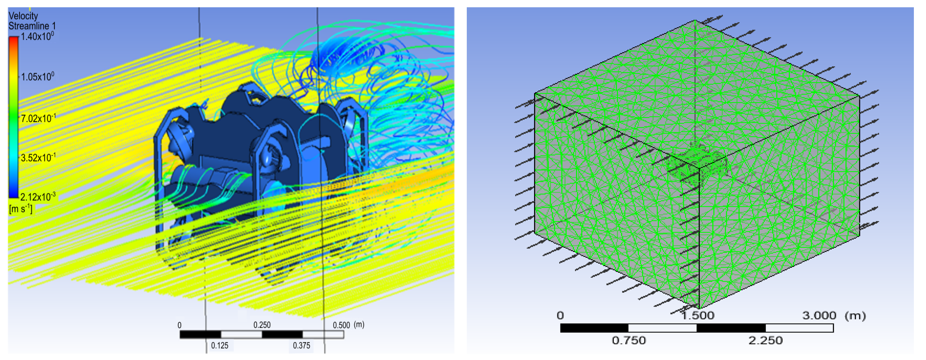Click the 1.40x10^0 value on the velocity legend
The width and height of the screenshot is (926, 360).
[37, 36]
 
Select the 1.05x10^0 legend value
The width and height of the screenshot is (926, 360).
[37, 77]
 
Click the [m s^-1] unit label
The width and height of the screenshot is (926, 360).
[21, 209]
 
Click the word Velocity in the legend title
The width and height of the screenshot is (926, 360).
[23, 16]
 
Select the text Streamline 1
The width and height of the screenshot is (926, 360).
[32, 26]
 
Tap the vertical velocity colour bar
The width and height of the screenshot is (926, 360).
[14, 117]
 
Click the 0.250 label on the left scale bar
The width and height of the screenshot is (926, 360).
[262, 325]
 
